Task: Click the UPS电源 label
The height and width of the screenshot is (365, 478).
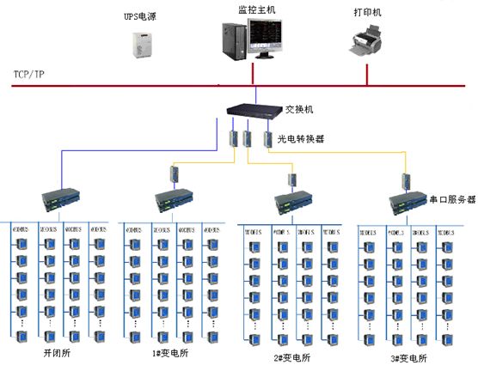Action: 139,15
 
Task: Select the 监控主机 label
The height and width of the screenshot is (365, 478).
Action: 255,9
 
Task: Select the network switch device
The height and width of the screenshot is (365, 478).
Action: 254,110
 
